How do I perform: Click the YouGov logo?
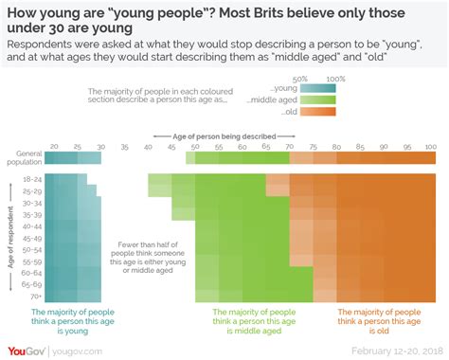click(29, 350)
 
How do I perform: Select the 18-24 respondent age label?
click(32, 177)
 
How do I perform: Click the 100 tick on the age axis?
click(430, 147)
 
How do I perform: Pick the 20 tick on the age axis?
click(54, 147)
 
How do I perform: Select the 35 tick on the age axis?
click(124, 147)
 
